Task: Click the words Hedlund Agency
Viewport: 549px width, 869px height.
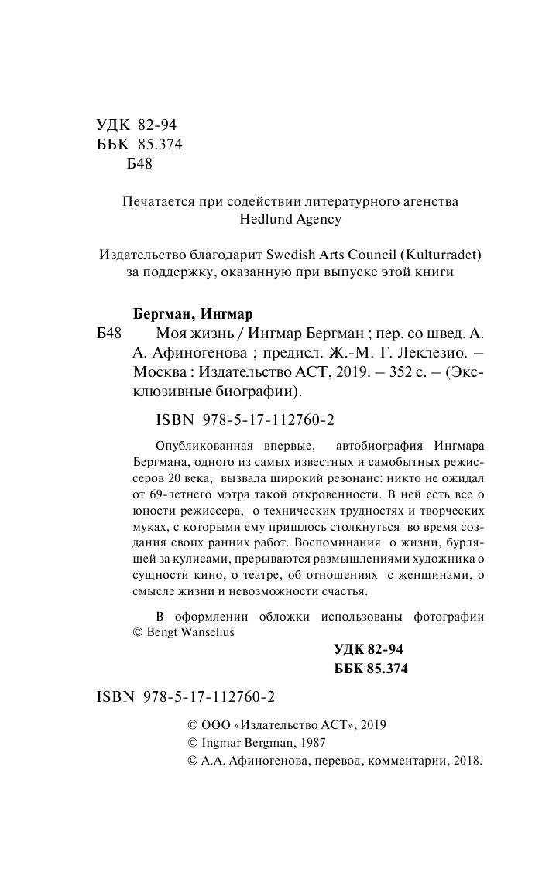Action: point(291,220)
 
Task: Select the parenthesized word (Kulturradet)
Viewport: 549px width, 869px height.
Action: point(446,254)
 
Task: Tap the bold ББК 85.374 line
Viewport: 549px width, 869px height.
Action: point(370,669)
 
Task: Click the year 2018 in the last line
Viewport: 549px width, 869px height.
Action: point(466,761)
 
